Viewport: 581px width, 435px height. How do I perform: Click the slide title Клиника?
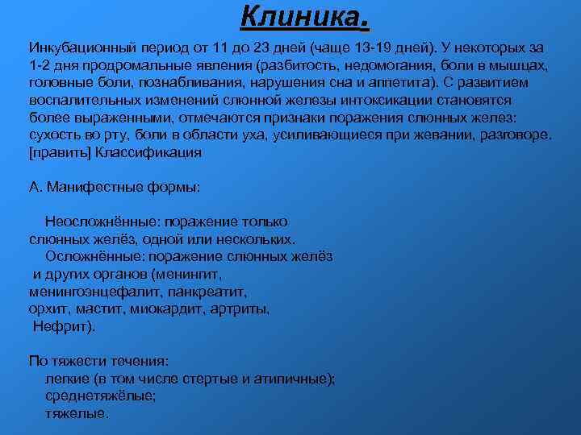[305, 14]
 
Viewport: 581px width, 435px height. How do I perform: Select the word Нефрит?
[62, 326]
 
